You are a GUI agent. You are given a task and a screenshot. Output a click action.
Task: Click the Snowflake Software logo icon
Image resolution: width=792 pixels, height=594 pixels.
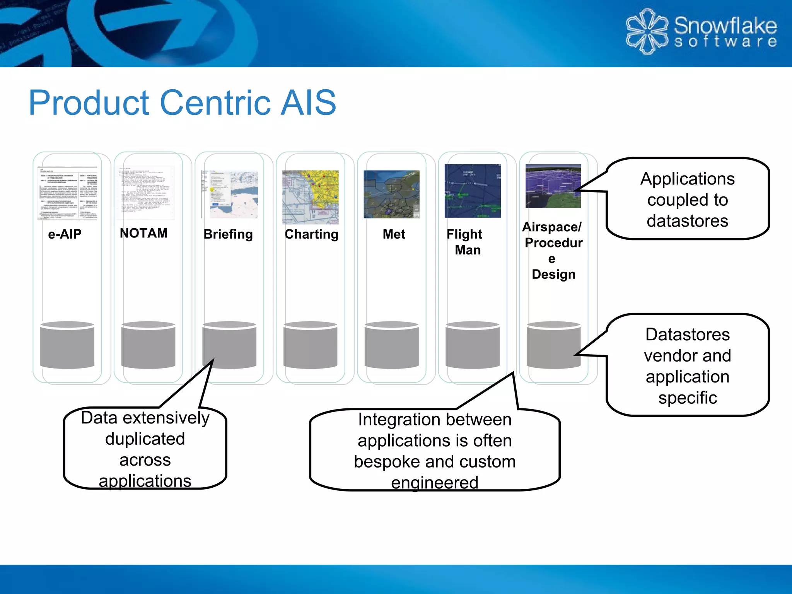[x=647, y=32]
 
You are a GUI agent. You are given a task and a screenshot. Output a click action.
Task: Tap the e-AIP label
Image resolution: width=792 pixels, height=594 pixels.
[x=65, y=234]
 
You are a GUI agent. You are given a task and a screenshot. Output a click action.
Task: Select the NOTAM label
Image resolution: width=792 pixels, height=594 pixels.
[x=143, y=233]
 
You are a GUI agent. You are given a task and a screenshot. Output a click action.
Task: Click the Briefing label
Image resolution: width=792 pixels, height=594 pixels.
[x=228, y=234]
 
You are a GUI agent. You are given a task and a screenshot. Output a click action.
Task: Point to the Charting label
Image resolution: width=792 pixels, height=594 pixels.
[x=311, y=234]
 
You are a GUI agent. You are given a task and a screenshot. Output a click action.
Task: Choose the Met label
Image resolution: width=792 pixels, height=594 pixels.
[x=394, y=234]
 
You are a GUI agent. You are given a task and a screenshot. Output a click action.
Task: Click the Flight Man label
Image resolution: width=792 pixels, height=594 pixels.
[x=465, y=242]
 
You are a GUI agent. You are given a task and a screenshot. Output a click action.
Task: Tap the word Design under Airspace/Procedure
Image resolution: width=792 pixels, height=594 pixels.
[x=553, y=274]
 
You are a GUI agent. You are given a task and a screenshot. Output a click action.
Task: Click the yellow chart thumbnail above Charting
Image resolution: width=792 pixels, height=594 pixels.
[x=311, y=197]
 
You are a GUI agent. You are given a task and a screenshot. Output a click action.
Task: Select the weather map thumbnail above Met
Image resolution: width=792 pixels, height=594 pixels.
[x=391, y=194]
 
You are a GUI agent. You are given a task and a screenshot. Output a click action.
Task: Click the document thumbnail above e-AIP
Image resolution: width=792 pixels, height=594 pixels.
[x=68, y=193]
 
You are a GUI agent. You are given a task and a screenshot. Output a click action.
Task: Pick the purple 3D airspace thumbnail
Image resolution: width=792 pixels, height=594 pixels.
[x=553, y=186]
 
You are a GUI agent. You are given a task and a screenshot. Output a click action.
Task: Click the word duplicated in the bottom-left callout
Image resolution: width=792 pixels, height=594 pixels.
[x=145, y=439]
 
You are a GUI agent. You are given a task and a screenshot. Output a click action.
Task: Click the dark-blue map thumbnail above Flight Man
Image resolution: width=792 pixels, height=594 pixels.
[x=473, y=191]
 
